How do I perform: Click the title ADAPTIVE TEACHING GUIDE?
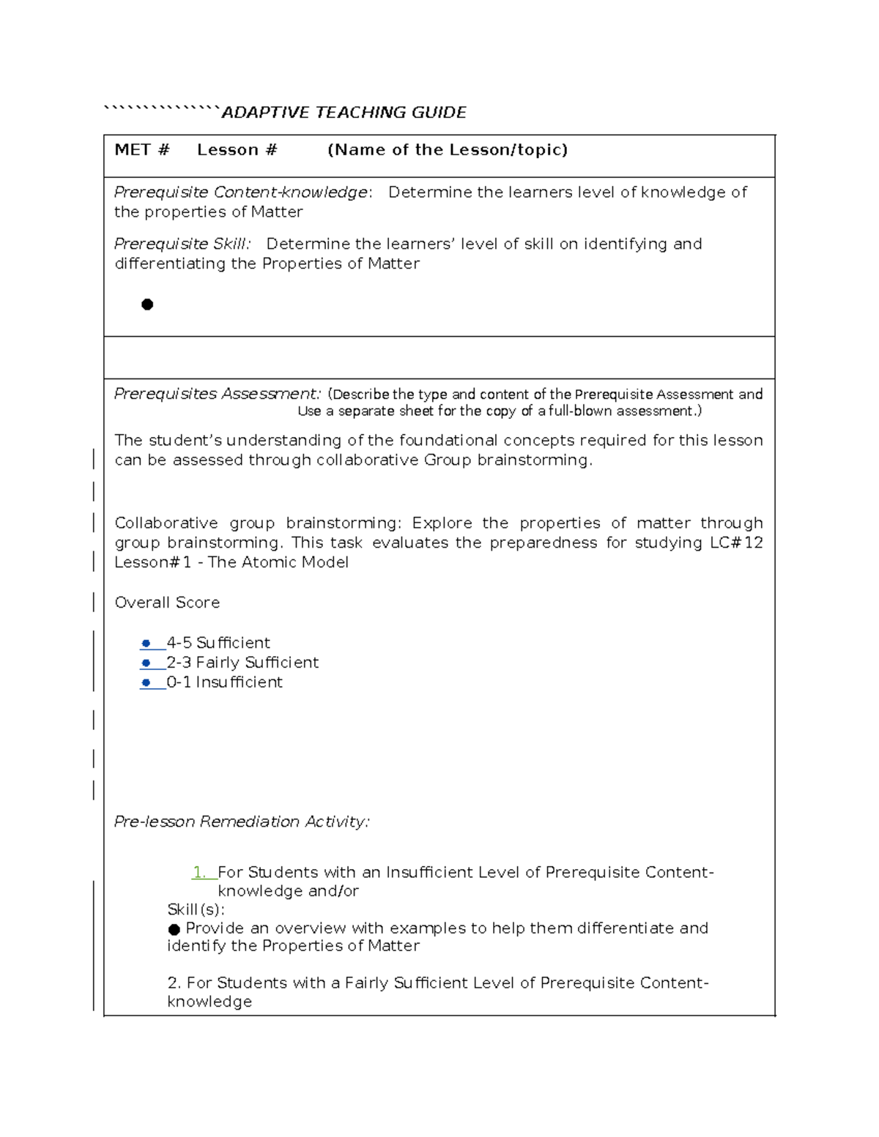point(344,113)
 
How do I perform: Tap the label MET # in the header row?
point(142,150)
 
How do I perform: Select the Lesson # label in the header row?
point(237,150)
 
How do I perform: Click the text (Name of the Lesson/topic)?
point(448,150)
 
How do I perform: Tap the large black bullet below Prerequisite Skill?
point(147,305)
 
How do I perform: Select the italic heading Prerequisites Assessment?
point(218,394)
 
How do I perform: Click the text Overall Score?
point(167,603)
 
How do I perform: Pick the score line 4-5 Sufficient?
point(218,643)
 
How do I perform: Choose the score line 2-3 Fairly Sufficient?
point(242,663)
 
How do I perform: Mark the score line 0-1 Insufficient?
point(224,682)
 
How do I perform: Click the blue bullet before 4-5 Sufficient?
point(146,644)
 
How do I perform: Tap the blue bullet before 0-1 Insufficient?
point(146,683)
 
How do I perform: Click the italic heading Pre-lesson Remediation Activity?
point(242,821)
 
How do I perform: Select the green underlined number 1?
point(199,872)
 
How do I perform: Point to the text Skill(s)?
point(196,909)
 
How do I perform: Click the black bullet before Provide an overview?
point(174,929)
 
